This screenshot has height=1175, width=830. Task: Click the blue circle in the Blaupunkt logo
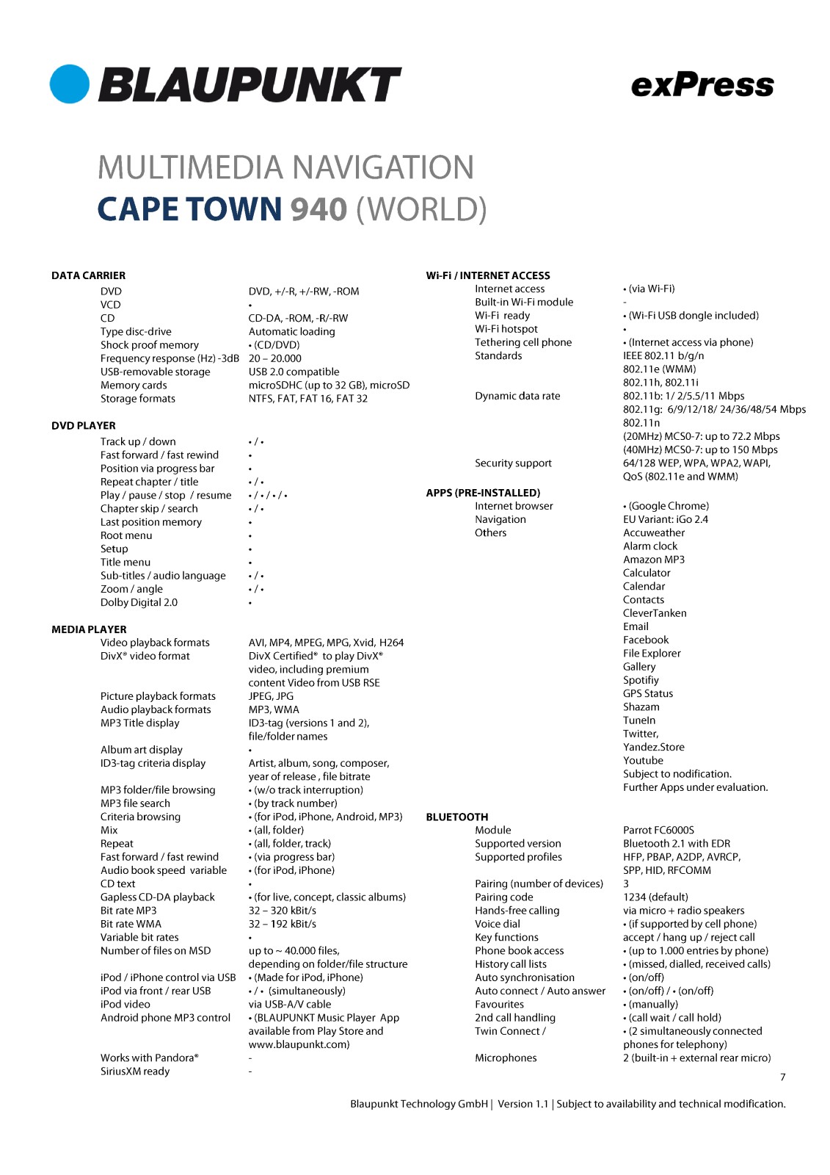click(x=70, y=84)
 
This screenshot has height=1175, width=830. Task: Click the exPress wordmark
click(x=702, y=85)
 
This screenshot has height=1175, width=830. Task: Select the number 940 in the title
click(x=318, y=209)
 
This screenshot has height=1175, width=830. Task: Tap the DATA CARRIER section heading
click(x=88, y=275)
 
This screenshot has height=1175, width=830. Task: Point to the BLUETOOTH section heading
click(x=456, y=817)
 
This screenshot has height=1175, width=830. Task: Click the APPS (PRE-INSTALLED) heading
click(x=483, y=493)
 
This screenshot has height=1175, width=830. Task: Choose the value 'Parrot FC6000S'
click(x=658, y=830)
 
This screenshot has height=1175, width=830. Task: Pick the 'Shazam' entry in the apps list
click(x=641, y=706)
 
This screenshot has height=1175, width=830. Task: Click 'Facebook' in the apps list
click(x=646, y=640)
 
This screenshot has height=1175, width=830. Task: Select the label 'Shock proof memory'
click(x=150, y=345)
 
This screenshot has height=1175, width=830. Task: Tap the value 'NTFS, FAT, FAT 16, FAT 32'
click(x=307, y=399)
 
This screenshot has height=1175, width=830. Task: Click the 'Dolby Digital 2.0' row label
click(x=139, y=602)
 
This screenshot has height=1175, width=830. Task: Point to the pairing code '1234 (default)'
click(x=655, y=897)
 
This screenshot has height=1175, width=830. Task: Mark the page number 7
click(x=782, y=1077)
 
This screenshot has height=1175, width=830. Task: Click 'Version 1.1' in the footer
click(x=523, y=1104)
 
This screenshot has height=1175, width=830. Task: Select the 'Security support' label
click(x=513, y=463)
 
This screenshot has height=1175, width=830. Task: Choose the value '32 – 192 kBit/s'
click(x=282, y=924)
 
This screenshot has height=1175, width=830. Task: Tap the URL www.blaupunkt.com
click(x=299, y=1044)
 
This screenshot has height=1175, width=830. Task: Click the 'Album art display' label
click(x=142, y=750)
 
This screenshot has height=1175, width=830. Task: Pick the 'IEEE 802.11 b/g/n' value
click(x=663, y=355)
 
